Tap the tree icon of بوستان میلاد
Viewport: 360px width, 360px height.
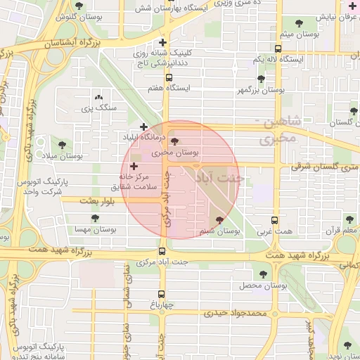[x=62, y=145]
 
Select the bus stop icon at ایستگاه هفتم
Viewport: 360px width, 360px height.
[x=169, y=77]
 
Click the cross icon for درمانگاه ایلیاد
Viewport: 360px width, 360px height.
[x=144, y=127]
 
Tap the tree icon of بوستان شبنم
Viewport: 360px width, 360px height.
[x=220, y=220]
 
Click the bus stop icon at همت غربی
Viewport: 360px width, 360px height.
[x=274, y=220]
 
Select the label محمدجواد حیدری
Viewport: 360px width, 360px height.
[x=240, y=312]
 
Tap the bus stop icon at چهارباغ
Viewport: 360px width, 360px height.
[x=162, y=295]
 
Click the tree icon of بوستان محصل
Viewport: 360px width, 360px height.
[x=263, y=275]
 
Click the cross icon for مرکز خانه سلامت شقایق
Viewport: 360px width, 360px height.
[x=134, y=167]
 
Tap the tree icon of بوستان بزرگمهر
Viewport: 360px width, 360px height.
[x=261, y=79]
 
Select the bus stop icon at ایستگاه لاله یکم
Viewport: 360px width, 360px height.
[x=278, y=49]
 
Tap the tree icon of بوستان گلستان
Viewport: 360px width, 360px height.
[x=354, y=111]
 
